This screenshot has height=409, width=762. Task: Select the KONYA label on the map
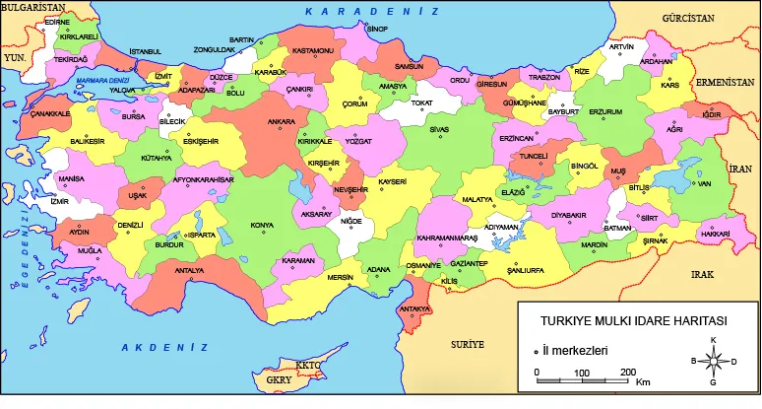[262, 226]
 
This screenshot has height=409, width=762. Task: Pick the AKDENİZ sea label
[164, 347]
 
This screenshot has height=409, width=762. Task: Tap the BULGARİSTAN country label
[32, 7]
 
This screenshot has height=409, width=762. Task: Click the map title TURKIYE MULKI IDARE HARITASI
[633, 321]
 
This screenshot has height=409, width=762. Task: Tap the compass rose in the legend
[714, 361]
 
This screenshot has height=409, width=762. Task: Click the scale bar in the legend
[582, 380]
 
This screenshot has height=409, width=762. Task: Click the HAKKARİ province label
[715, 234]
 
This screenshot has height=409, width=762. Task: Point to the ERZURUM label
[605, 111]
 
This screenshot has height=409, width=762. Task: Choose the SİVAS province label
[440, 129]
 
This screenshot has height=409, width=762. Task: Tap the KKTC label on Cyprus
[308, 366]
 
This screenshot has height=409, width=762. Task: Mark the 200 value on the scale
[626, 372]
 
